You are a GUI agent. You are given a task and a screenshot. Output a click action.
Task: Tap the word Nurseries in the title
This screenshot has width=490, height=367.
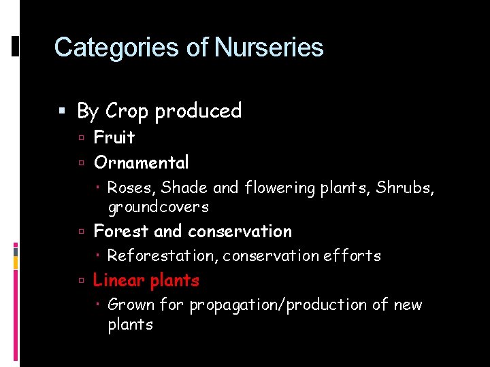pos(269,48)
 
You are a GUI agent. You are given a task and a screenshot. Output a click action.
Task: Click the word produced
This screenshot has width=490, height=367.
pos(198,111)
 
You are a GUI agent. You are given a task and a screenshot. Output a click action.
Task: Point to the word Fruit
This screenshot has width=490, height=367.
pos(114,137)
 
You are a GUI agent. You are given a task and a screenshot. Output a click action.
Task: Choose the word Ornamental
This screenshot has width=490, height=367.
pos(142,162)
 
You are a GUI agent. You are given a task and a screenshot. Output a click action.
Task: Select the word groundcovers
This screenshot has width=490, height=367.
pos(158,207)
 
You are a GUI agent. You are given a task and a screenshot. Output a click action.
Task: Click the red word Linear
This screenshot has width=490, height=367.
pos(119,281)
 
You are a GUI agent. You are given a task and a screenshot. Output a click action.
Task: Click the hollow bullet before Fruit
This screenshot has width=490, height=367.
pos(81,138)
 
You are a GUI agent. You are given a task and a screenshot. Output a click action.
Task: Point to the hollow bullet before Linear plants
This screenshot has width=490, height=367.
pos(81,281)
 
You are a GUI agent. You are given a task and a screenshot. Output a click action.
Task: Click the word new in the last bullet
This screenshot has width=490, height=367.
pos(408,305)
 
